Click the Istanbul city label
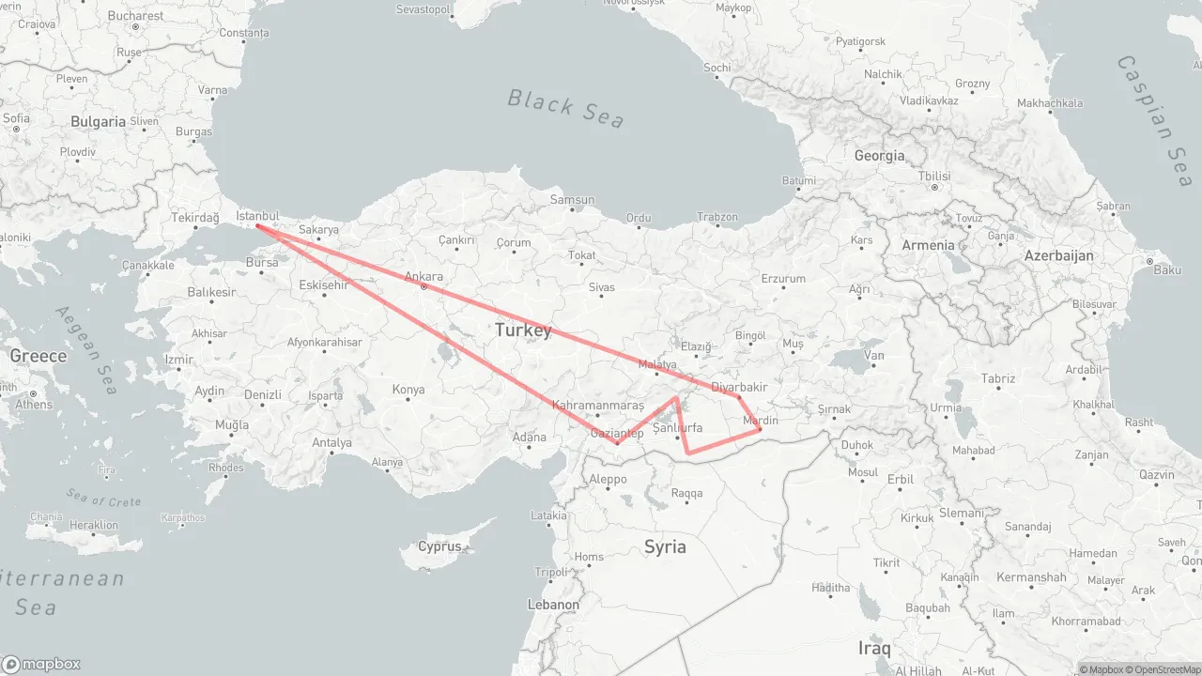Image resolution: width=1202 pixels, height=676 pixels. point(258,216)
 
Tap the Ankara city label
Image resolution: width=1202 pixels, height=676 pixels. point(424,277)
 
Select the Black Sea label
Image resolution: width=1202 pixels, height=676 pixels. point(565,107)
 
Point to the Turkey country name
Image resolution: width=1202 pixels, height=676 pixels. point(523,330)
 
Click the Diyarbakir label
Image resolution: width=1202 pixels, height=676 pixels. point(740,387)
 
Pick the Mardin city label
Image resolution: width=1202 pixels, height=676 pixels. point(761,421)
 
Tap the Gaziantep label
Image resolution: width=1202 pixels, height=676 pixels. point(616,433)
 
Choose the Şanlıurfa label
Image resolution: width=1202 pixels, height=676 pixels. point(677,427)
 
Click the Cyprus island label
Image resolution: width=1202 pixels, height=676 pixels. point(439,546)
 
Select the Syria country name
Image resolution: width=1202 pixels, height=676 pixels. point(665,546)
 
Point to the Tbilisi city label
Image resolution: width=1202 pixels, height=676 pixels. point(934,177)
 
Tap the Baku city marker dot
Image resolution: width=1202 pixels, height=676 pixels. point(1148,261)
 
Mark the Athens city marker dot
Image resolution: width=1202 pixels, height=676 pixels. point(33,393)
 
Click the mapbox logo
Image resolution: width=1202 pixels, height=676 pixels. point(41,664)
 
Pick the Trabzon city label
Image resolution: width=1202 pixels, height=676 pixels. point(717,217)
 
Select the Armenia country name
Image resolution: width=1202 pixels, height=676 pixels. point(928,245)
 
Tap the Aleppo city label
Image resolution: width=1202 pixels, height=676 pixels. point(607,479)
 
